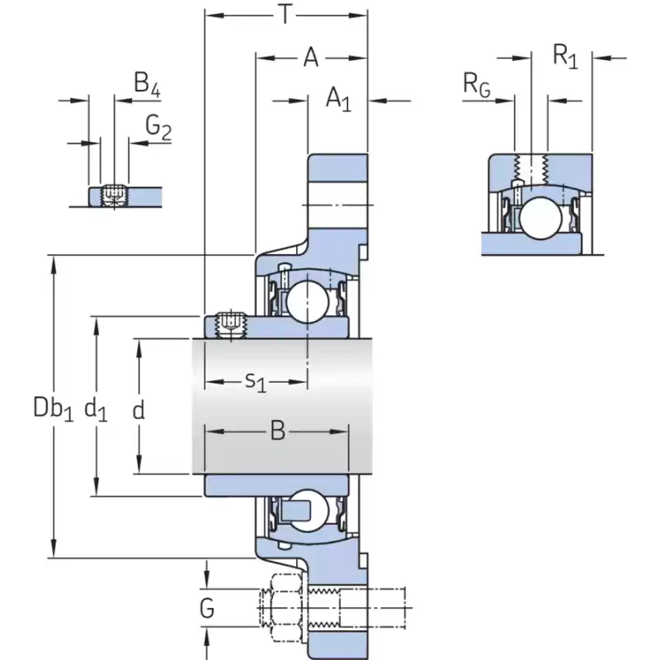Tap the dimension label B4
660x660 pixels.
coord(146,82)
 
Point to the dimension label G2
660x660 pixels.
coord(158,126)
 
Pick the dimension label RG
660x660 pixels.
coord(477,84)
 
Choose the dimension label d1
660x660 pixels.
coord(97,407)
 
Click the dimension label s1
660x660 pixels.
coord(257,382)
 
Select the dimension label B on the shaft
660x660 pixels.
coord(277,431)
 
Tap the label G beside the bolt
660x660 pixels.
coord(207,609)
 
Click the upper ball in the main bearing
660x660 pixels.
coord(307,301)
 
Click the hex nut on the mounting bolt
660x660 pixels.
coord(281,610)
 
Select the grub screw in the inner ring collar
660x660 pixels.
coord(230,324)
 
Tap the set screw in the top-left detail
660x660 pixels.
coord(114,196)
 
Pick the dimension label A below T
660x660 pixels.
coord(310,58)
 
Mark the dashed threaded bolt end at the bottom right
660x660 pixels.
coord(375,610)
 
